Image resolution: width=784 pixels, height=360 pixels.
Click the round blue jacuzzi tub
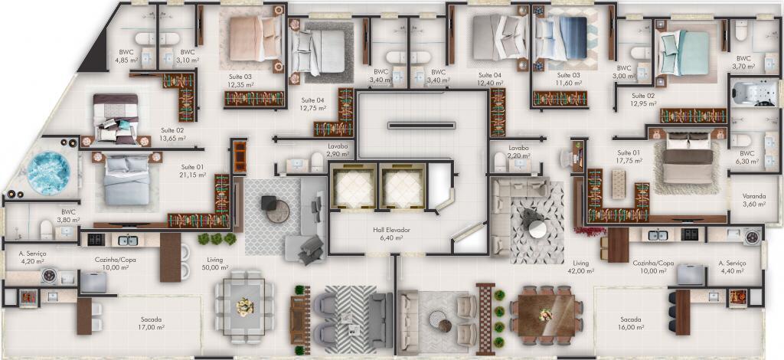(49, 171)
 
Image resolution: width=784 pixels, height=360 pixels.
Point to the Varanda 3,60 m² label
(753, 200)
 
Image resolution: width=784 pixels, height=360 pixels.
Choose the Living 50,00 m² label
(214, 264)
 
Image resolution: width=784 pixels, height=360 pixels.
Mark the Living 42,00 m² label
(580, 267)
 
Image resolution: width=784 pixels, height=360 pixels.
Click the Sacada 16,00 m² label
(629, 322)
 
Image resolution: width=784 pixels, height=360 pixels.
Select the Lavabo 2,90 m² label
(337, 150)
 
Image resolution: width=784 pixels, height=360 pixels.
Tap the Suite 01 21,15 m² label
(192, 172)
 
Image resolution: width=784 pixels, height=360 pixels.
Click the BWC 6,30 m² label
(747, 158)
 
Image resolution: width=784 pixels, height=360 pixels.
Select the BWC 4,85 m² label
(125, 56)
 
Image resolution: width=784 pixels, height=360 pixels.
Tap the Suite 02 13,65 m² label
(172, 135)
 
